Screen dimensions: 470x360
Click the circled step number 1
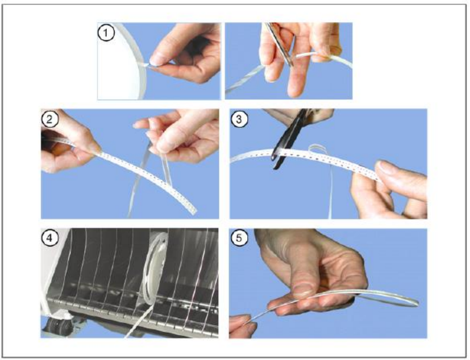pos(106,33)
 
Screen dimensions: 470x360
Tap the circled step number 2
pos(50,119)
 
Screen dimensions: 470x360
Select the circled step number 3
pos(239,119)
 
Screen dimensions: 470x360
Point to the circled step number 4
pos(50,238)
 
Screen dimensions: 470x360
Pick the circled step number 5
pos(239,238)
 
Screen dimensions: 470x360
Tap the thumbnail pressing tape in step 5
pos(302,290)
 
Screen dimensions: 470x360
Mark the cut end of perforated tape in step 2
pos(193,210)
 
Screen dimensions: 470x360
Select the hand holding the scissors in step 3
pos(300,115)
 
